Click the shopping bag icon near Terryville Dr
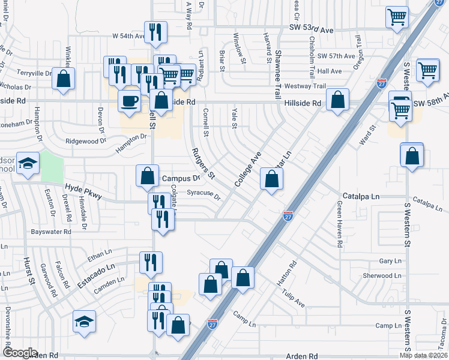pos(63,79)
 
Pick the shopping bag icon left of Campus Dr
pos(148,176)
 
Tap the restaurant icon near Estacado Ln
pos(151,263)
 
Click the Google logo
pos(20,353)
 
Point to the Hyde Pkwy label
pos(81,188)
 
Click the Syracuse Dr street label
pos(203,194)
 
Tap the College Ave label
pos(249,167)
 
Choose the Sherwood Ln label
pos(382,276)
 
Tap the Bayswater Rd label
pos(52,231)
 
